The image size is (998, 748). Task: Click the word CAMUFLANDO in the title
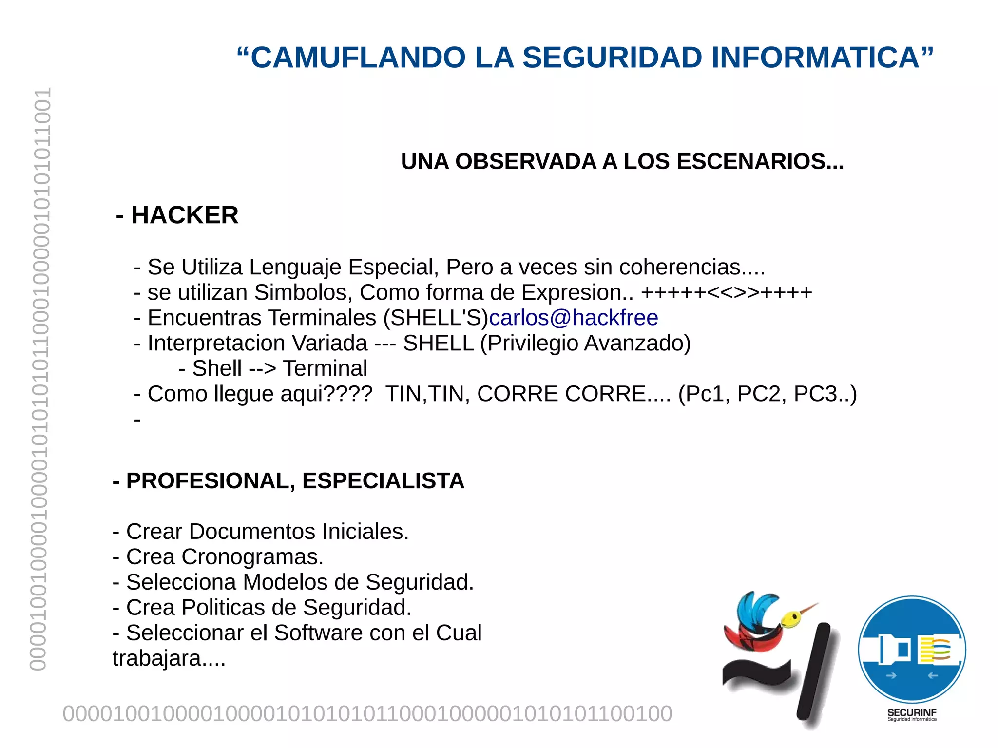358,58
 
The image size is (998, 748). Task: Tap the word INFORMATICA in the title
815,58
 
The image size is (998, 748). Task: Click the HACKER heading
185,215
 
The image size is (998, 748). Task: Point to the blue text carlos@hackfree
574,318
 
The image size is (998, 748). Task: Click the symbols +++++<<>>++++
727,292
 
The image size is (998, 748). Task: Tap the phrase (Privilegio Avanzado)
585,343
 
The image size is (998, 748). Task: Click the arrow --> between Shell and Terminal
262,368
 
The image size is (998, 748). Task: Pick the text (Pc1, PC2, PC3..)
768,394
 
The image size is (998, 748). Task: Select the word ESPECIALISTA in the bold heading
383,481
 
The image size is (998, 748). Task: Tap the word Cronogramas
252,556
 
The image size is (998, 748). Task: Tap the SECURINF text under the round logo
912,712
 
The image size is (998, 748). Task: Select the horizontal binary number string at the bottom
367,714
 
